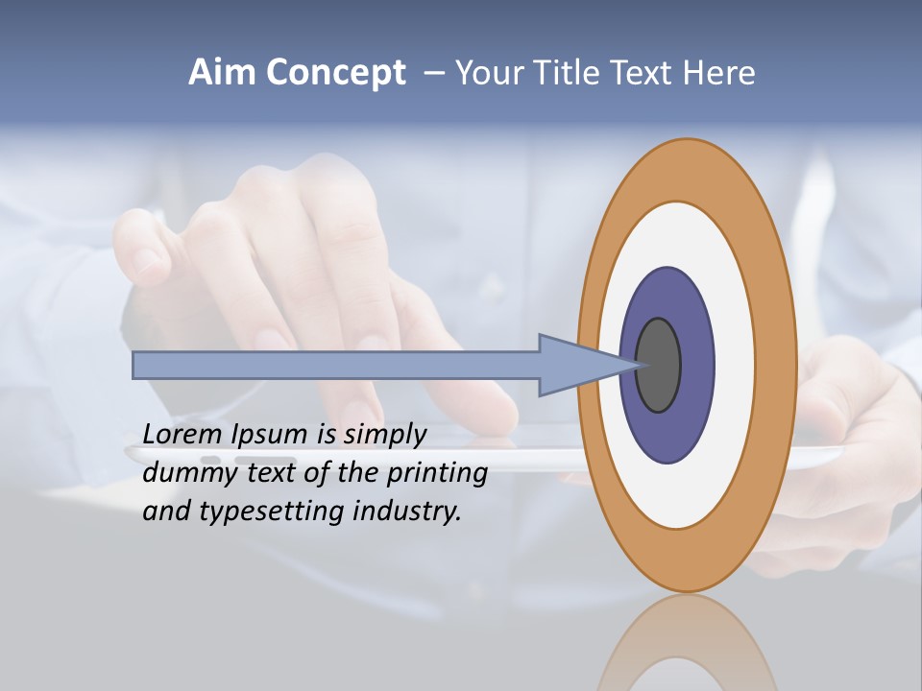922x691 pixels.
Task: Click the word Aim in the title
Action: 224,73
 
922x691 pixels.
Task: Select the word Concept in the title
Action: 336,74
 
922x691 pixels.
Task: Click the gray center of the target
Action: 658,366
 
